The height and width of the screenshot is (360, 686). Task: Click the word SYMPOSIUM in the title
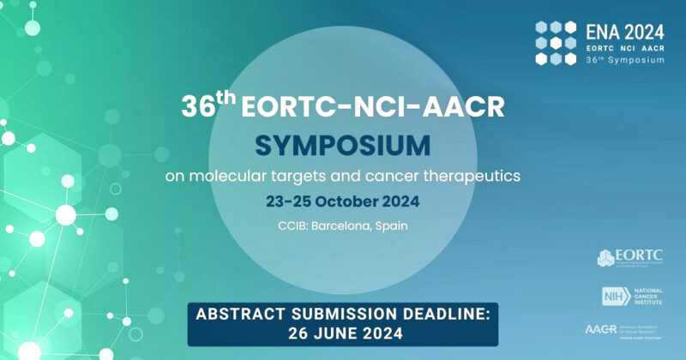tap(342, 145)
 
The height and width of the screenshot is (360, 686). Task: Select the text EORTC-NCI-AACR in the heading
tap(371, 107)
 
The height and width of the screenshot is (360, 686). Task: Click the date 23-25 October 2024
tap(342, 205)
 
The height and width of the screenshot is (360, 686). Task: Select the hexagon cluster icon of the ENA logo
tap(556, 42)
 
